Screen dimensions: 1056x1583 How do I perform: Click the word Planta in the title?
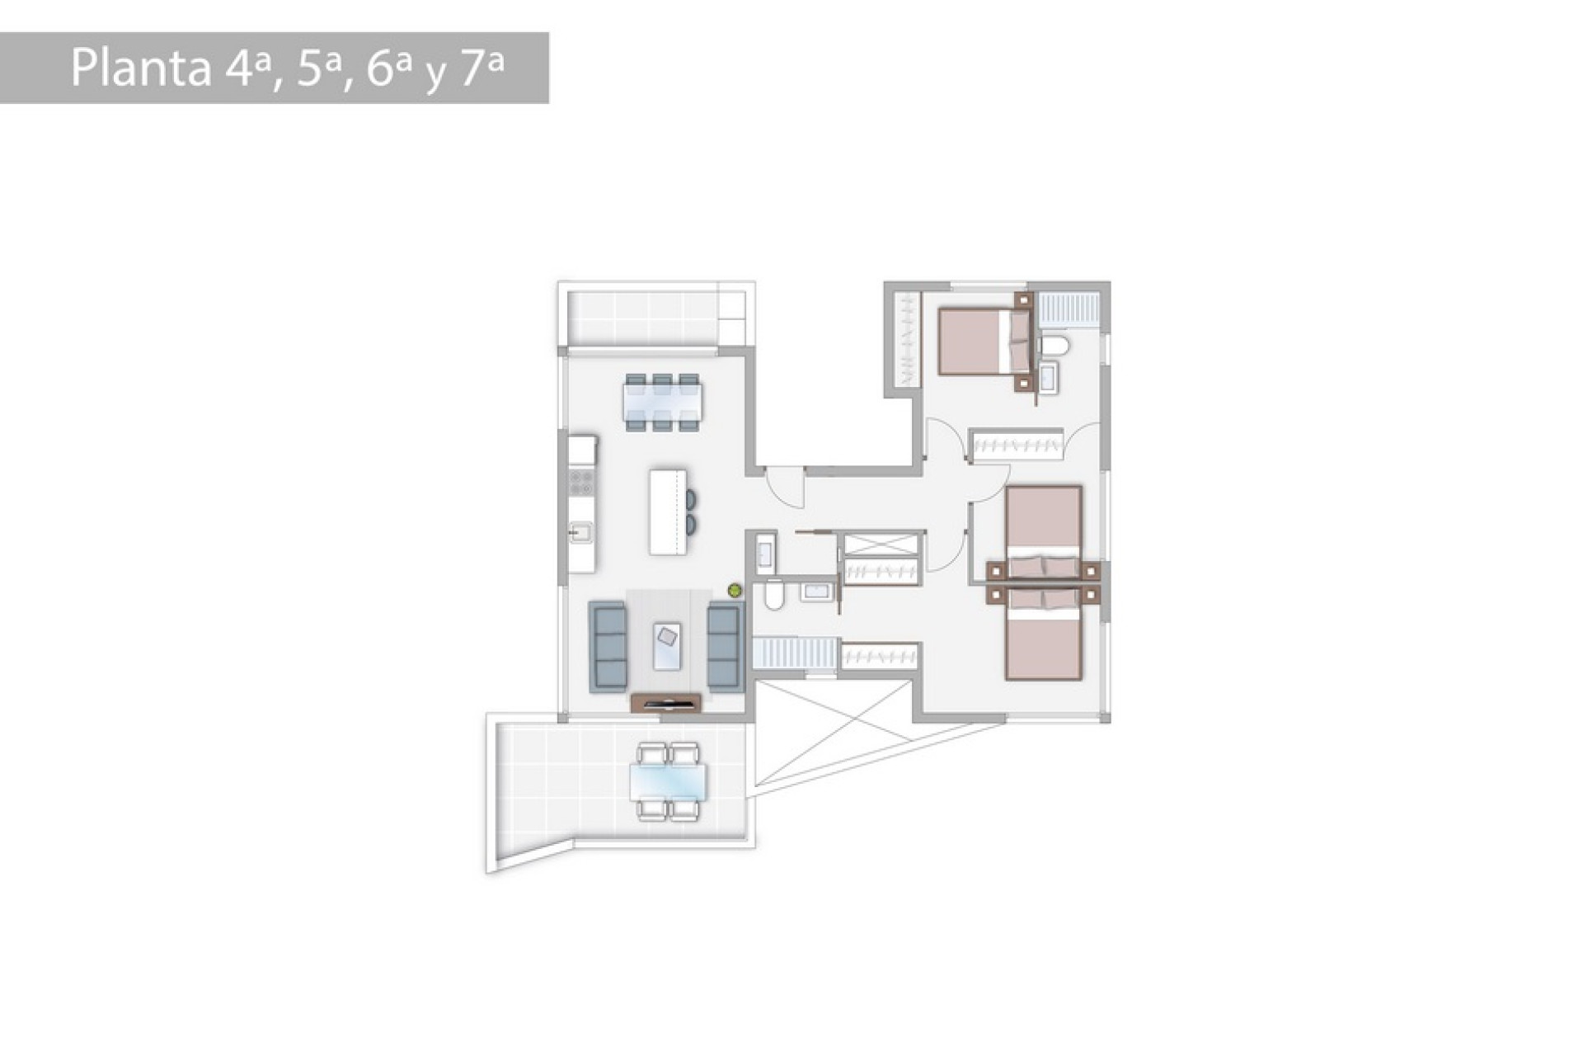(141, 68)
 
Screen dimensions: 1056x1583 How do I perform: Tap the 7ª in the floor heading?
(481, 68)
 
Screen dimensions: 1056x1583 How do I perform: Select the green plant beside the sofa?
(734, 590)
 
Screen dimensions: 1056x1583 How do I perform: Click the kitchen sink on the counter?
(580, 533)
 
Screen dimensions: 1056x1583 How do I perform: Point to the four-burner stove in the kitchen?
(582, 482)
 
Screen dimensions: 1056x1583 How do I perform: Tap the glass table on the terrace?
(668, 782)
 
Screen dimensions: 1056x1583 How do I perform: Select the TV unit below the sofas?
(665, 703)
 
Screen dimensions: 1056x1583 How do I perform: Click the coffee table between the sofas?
(667, 645)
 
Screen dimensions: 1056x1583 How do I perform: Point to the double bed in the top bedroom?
(977, 341)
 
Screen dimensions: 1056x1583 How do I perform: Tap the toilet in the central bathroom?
(774, 595)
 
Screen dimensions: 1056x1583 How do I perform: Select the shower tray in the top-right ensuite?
(1068, 309)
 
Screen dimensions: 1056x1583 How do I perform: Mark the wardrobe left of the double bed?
(906, 339)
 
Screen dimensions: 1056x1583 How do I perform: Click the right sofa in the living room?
(723, 647)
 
